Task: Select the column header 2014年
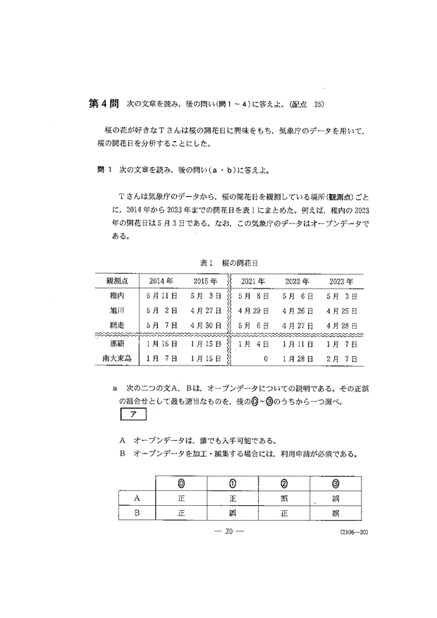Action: point(159,281)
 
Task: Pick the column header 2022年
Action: point(297,281)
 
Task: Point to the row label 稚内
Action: point(116,296)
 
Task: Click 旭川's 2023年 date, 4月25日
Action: point(342,312)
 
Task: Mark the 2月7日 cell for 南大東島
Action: point(342,358)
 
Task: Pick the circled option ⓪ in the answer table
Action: point(182,484)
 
